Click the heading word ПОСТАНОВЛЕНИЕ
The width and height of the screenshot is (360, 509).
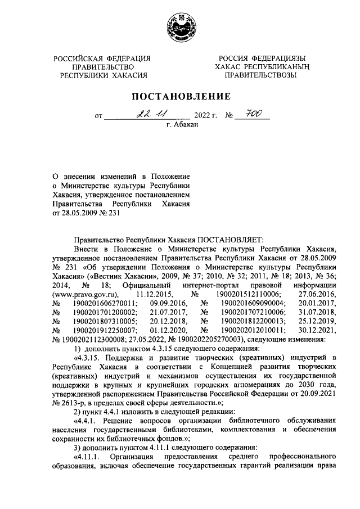pos(179,98)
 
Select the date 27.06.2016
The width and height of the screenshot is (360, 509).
pos(319,294)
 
